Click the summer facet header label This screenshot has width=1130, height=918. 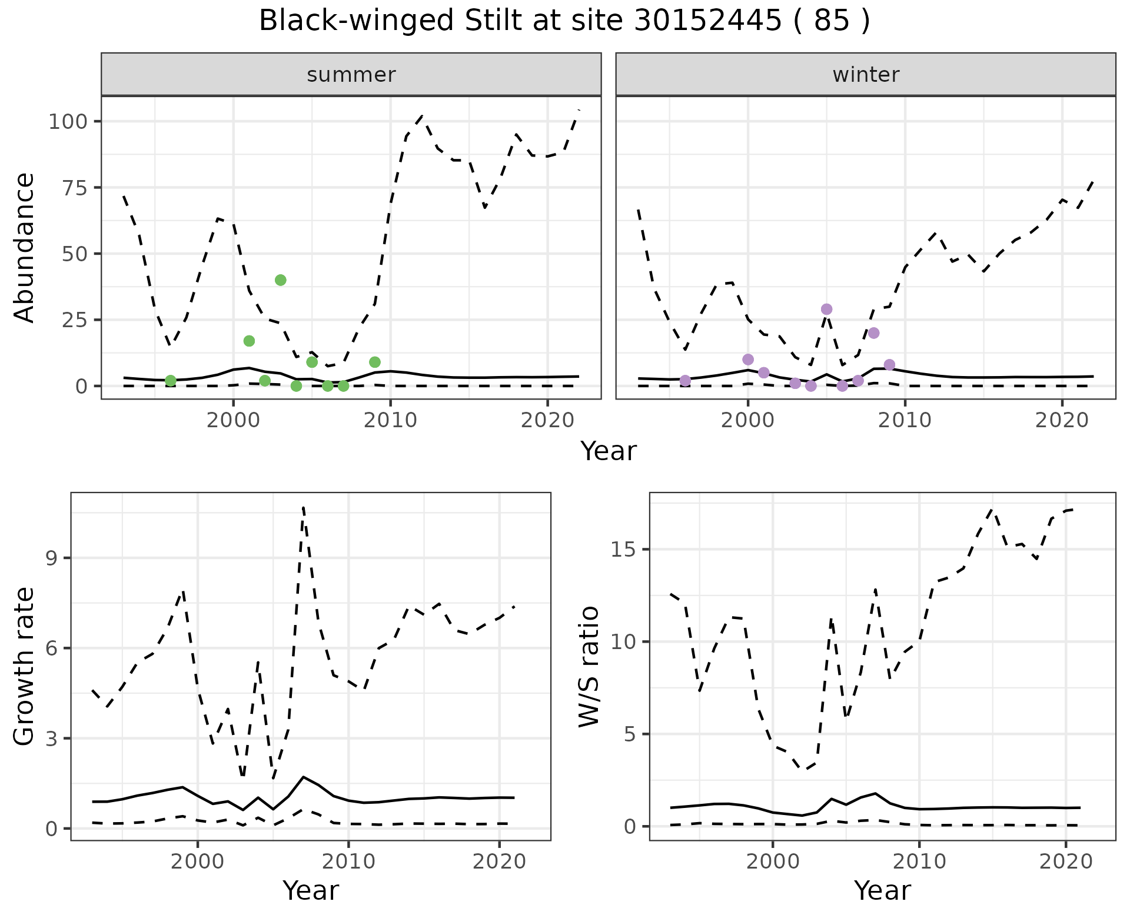[351, 75]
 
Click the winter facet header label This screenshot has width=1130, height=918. [866, 75]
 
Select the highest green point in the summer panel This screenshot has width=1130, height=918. [281, 280]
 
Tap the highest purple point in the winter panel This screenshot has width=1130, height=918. [826, 310]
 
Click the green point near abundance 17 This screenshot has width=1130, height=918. [249, 341]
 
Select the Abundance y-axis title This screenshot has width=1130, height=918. [25, 248]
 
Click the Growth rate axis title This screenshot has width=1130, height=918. [25, 667]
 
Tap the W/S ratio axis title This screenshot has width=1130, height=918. [589, 667]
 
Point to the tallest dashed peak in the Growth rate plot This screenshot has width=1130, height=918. [303, 507]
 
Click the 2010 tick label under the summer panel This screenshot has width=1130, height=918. [390, 421]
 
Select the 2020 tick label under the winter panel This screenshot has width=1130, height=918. [1062, 421]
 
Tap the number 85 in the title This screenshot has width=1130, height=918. [832, 21]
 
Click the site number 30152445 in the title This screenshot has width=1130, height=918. [708, 21]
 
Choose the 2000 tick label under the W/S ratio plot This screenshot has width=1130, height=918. [773, 862]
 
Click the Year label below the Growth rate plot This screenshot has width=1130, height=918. [311, 890]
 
